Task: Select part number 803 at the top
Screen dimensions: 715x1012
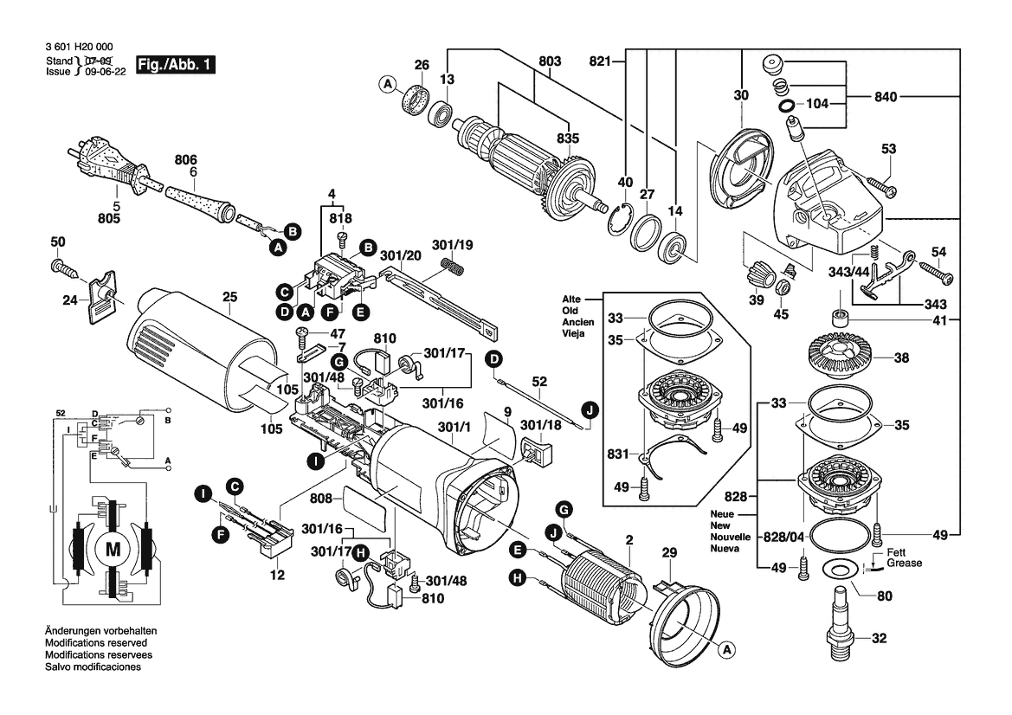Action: click(550, 61)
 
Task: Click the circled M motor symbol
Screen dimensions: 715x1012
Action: click(113, 547)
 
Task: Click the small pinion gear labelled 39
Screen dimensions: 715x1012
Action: click(756, 277)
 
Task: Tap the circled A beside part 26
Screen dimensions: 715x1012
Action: click(388, 84)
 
